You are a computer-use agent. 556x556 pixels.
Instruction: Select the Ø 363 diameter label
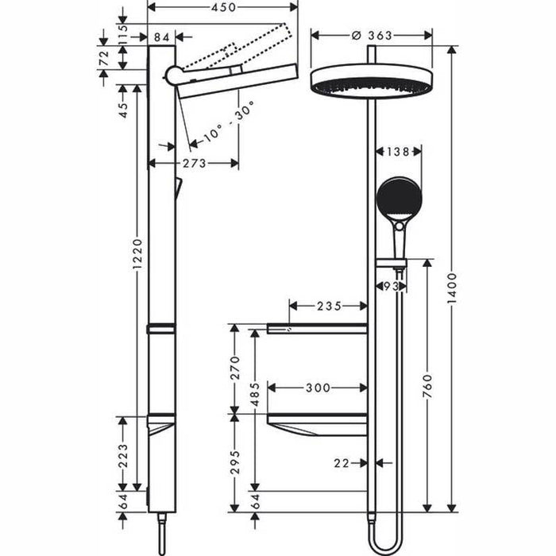[x=372, y=35]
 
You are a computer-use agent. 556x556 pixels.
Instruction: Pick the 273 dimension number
[x=194, y=163]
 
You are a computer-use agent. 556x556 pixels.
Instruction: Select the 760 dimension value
[x=429, y=387]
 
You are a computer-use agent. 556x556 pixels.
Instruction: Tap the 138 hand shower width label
[x=398, y=150]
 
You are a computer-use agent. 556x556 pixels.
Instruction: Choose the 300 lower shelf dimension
[x=318, y=388]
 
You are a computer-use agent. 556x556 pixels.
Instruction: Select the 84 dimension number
[x=162, y=36]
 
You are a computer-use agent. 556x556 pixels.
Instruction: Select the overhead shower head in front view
[x=372, y=80]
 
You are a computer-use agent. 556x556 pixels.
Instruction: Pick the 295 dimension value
[x=232, y=461]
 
